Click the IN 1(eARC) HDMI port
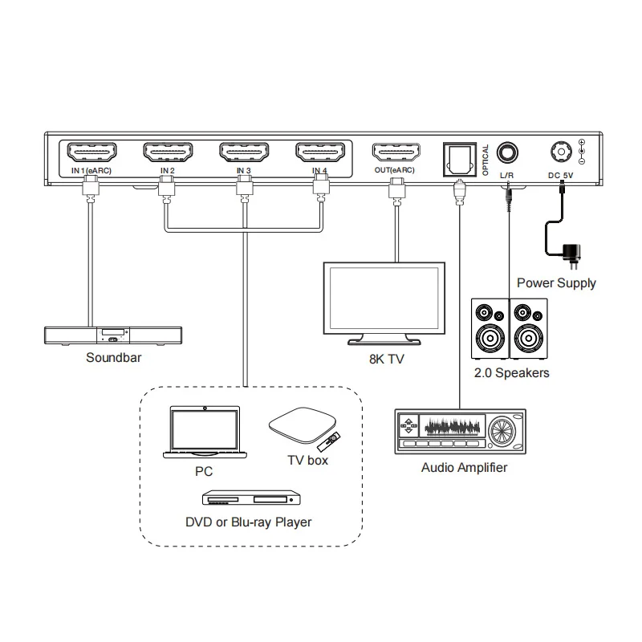pos(91,152)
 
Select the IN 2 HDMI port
pos(168,152)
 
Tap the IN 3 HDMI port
pos(244,152)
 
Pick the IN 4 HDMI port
pos(320,152)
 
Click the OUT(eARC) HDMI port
pos(396,152)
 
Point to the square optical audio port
pos(460,159)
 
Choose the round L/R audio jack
pos(507,153)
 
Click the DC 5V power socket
pos(561,152)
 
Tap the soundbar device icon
pos(113,335)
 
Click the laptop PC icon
pos(205,432)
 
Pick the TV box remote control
pos(329,441)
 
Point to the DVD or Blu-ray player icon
pos(251,498)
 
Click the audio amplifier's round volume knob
pos(503,431)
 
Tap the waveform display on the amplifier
pos(452,427)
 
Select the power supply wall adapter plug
pos(571,255)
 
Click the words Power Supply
pos(556,283)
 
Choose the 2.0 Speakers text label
pos(512,373)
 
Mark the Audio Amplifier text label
pos(465,468)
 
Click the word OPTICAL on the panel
pos(486,160)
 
